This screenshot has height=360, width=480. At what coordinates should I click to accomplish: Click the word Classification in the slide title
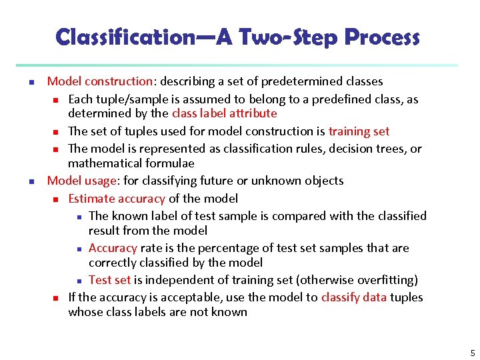[x=124, y=37]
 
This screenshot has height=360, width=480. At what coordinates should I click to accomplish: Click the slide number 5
[x=472, y=353]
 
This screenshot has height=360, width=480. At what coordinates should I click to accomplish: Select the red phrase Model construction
[x=100, y=81]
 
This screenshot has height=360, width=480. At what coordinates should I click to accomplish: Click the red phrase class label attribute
[x=224, y=113]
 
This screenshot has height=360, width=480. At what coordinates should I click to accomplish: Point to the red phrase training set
[x=359, y=131]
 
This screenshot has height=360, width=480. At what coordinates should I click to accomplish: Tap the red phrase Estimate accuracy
[x=116, y=199]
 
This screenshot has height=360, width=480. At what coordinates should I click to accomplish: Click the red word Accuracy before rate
[x=113, y=248]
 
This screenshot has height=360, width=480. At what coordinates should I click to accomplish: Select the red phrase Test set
[x=110, y=280]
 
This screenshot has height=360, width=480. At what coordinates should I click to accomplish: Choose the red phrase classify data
[x=353, y=297]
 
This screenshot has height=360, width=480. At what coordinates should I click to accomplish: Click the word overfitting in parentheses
[x=383, y=280]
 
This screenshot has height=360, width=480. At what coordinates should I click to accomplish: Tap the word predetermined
[x=301, y=81]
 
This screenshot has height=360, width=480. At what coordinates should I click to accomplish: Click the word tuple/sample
[x=130, y=99]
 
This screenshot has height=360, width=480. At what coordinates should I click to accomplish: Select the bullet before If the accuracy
[x=56, y=298]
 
